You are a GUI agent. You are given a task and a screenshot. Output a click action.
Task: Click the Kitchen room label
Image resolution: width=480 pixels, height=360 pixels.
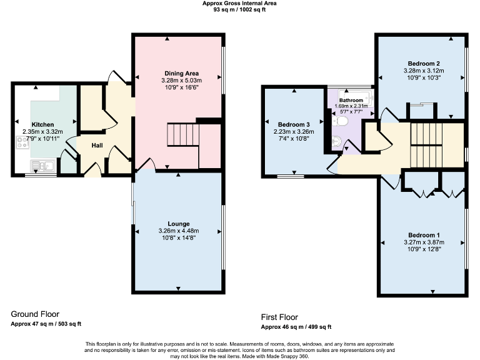43,124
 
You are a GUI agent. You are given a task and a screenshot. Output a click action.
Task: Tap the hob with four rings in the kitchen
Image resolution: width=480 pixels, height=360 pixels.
22,146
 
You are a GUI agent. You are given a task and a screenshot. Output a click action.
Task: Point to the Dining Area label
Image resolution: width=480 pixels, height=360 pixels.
178,74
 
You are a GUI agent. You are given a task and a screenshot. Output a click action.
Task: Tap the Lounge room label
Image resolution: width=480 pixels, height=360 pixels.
178,223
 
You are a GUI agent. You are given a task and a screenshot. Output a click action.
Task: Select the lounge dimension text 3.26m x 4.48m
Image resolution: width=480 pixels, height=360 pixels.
178,230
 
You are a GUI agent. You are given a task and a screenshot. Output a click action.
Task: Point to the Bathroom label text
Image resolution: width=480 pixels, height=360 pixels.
351,100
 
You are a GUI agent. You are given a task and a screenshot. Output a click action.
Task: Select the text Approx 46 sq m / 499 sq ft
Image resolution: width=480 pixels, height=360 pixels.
296,327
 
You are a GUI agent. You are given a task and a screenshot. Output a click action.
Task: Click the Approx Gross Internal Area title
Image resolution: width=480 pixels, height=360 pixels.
239,3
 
